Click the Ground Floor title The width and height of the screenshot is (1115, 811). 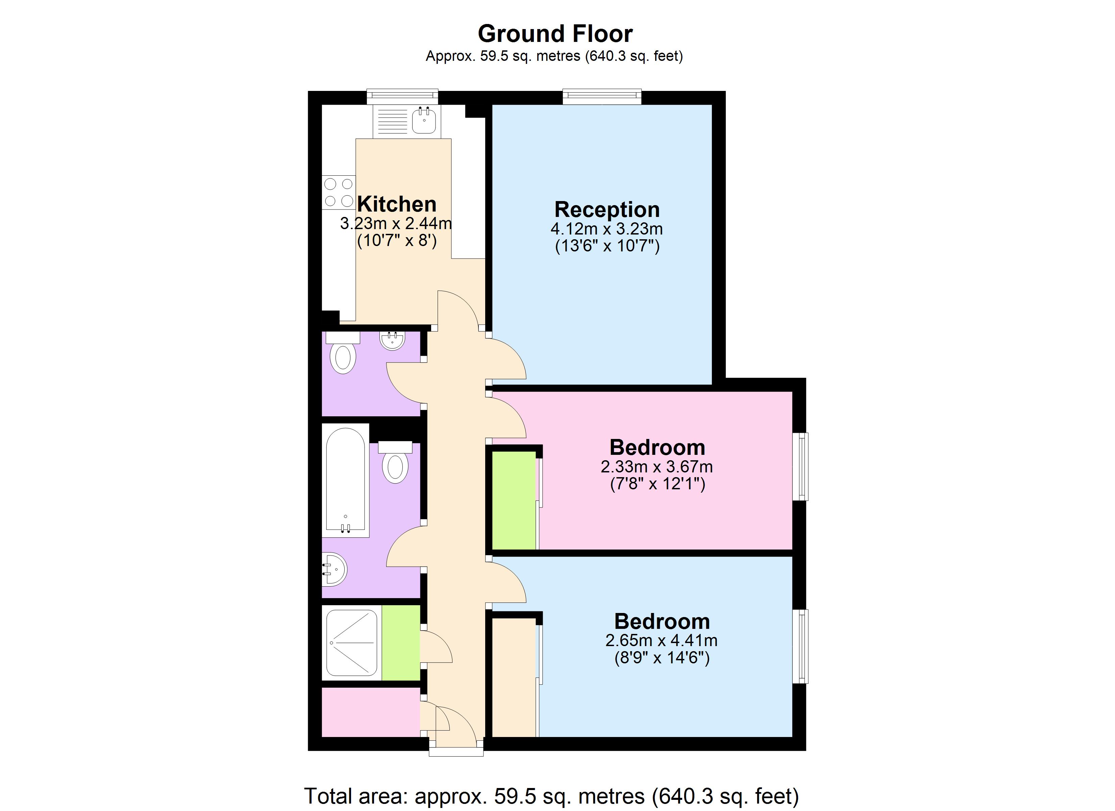coord(555,34)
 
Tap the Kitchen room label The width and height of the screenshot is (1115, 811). coord(396,204)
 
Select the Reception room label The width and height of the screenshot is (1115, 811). coord(607,210)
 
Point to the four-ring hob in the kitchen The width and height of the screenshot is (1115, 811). coord(339,192)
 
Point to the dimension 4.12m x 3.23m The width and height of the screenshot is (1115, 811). coord(607,229)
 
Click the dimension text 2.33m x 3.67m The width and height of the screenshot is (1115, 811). coord(657,466)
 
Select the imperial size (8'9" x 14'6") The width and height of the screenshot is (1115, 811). coord(662,658)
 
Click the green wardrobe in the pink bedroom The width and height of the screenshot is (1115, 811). coord(514,500)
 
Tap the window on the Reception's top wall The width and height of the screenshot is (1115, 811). coord(602,96)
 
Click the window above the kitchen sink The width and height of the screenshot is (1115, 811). coord(402,96)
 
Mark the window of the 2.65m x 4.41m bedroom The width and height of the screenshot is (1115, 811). coord(800,646)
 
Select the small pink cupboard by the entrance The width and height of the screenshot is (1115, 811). coord(371,712)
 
